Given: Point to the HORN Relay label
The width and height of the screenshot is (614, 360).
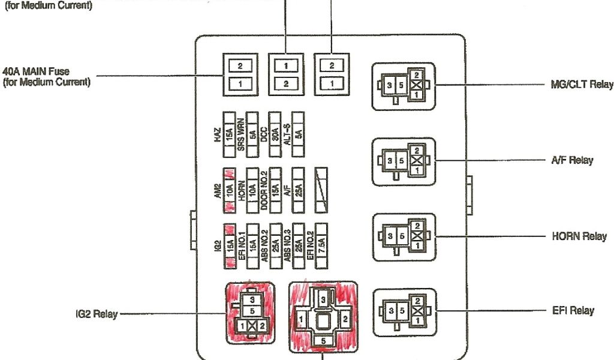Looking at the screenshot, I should click(x=579, y=236).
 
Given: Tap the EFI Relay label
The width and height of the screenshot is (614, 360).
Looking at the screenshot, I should click(x=573, y=311).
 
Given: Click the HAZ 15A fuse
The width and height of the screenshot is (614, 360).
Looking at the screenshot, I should click(x=228, y=131).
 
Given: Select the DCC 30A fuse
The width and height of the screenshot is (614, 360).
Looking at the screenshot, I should click(x=275, y=131).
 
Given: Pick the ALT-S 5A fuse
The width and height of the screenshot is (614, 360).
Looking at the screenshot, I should click(x=298, y=131).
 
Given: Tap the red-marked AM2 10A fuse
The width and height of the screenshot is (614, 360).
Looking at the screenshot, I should click(x=228, y=190).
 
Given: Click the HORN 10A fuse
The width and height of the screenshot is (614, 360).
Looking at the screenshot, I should click(x=252, y=190).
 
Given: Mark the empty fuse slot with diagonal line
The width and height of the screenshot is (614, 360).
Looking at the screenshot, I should click(x=321, y=190).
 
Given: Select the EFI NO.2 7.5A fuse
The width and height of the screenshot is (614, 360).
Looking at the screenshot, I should click(x=321, y=246).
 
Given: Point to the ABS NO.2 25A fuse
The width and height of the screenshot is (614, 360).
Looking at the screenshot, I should click(x=275, y=246).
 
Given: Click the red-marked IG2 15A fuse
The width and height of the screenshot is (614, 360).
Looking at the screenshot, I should click(x=228, y=246).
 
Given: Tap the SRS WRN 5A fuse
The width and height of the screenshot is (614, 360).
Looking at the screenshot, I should click(x=252, y=131).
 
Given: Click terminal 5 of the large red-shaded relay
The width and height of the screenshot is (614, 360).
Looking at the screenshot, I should click(x=323, y=341).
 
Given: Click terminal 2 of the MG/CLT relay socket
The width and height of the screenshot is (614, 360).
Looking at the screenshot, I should click(x=417, y=74).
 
